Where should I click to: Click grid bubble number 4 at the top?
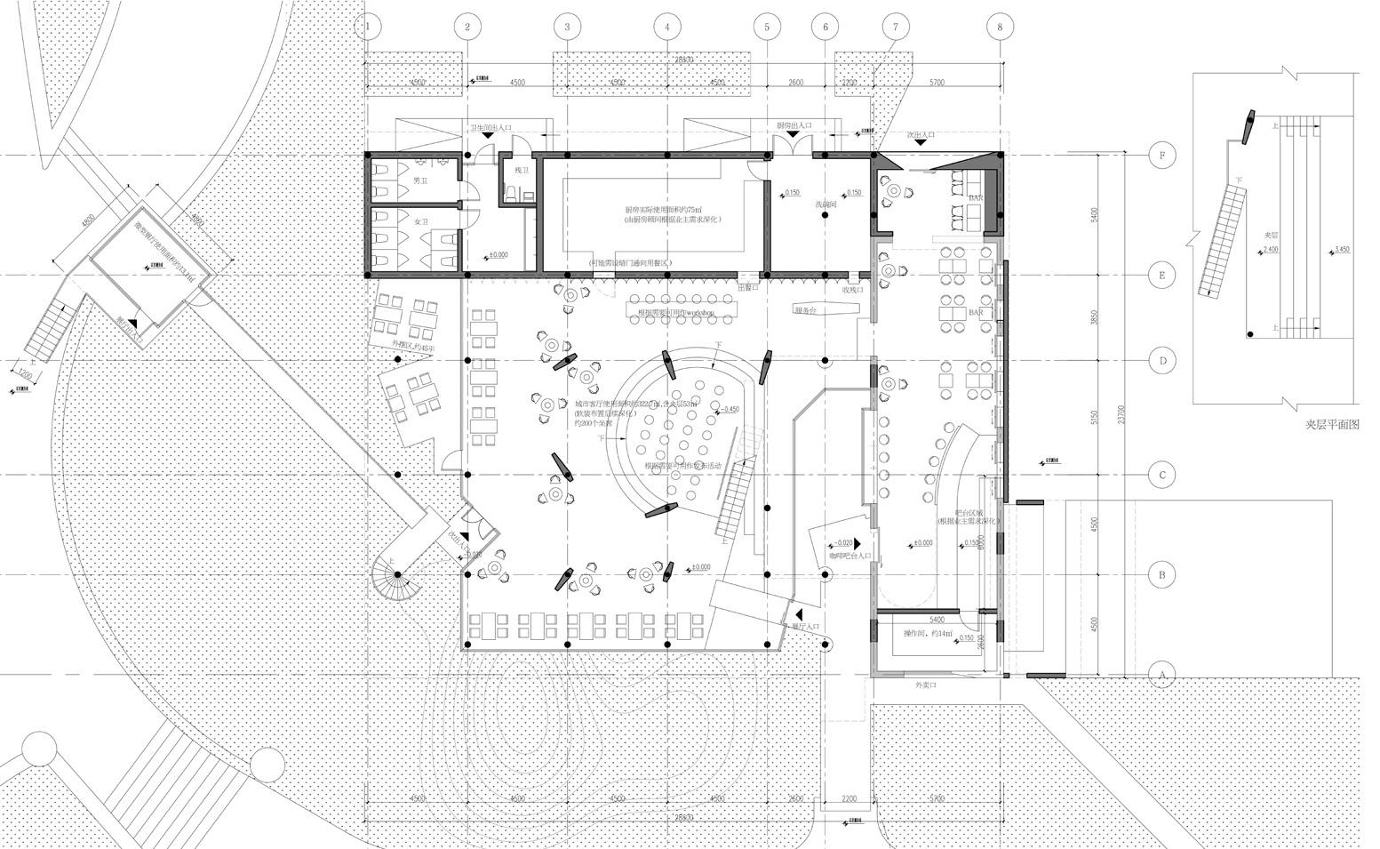coord(667,27)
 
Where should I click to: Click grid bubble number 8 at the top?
coord(1000,27)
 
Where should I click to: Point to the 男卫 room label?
coord(419,180)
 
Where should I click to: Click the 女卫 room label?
coord(421,221)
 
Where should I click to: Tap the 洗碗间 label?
coord(827,204)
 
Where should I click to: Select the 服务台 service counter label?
coord(805,309)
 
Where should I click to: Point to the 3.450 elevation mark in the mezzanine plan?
coord(1339,250)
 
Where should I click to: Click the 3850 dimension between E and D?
coord(1094,317)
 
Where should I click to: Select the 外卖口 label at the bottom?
coord(926,685)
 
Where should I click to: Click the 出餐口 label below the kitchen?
coord(748,288)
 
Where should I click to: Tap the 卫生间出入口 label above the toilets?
coord(491,127)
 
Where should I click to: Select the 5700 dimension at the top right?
coord(937,83)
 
